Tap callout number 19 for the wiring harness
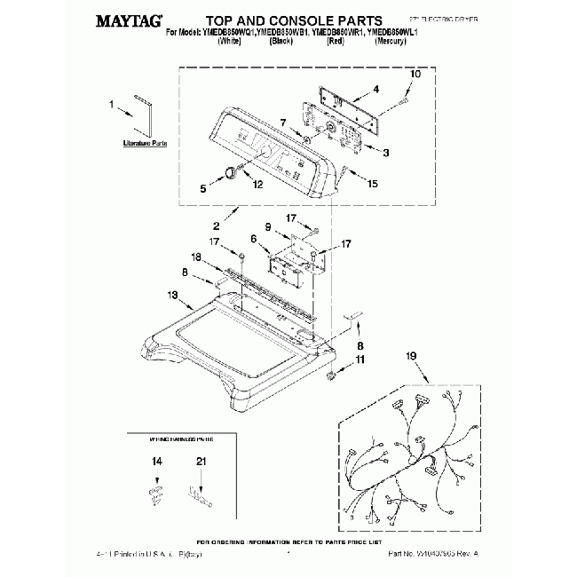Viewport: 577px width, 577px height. tap(411, 356)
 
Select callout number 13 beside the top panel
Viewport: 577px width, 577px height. tap(173, 296)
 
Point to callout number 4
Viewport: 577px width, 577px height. tap(376, 89)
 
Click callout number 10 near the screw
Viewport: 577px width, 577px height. tap(415, 75)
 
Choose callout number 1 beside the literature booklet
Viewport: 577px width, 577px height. tap(113, 104)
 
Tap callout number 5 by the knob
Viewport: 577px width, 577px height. tap(202, 187)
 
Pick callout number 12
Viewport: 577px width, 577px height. tap(257, 185)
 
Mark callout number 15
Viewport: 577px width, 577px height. tap(372, 183)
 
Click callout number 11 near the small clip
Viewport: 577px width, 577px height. tap(360, 359)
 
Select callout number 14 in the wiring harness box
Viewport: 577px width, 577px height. tap(156, 461)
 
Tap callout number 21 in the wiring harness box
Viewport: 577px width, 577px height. tap(201, 461)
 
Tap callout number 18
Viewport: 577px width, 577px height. tap(196, 257)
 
